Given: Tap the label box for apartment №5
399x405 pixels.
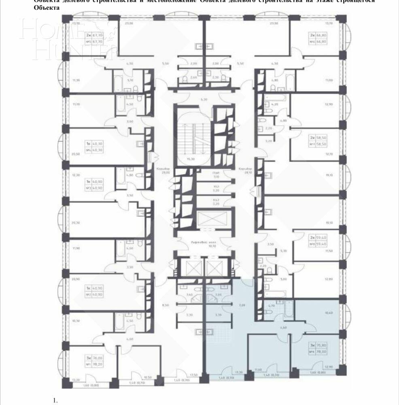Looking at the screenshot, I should click(x=93, y=38).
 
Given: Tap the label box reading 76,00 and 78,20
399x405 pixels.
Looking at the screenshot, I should click(x=93, y=360).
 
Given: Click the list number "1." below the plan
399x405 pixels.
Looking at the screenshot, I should click(x=56, y=400).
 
